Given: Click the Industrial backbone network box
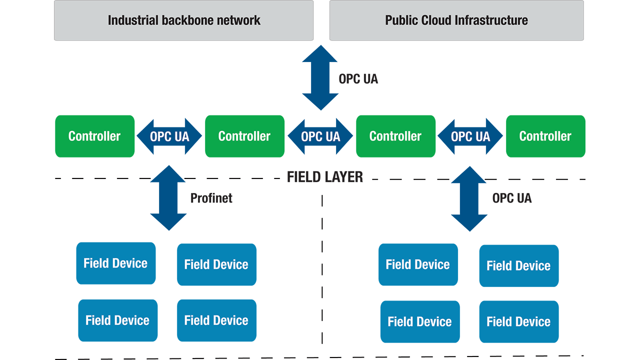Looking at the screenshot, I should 183,20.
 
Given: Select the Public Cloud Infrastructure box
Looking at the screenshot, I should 456,20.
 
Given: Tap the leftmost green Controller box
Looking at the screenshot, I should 94,136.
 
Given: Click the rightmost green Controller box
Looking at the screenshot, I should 545,136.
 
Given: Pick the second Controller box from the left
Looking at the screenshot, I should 244,136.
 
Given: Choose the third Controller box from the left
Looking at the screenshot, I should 395,136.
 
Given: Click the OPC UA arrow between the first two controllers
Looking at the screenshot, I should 169,136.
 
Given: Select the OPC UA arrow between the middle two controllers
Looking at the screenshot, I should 320,136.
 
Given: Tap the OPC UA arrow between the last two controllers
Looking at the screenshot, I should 470,136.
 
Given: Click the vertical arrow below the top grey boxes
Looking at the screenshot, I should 320,77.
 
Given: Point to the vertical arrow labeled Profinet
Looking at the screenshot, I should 168,198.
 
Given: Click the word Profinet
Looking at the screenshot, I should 211,198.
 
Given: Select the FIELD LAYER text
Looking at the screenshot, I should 324,177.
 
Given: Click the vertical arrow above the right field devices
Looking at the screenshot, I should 469,198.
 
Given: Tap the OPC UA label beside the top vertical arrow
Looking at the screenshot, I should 358,79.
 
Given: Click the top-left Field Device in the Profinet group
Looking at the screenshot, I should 115,263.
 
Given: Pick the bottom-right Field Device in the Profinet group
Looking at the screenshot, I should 216,320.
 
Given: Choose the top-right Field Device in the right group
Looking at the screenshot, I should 518,265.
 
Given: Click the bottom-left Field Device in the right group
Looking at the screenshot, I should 419,321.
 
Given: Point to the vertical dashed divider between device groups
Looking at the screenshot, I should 322,270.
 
